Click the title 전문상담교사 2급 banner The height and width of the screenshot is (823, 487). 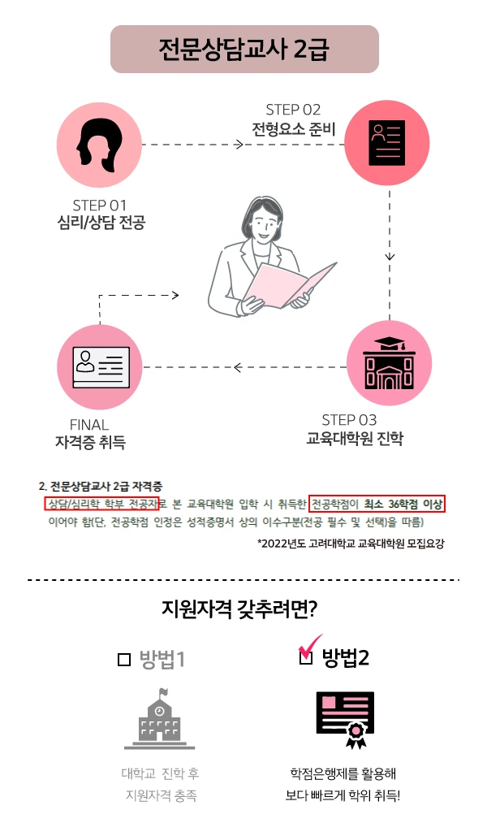pos(244,49)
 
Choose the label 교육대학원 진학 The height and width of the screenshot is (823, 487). pos(355,440)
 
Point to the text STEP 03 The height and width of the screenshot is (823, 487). pos(349,420)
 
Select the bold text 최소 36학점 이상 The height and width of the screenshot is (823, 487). pos(404,505)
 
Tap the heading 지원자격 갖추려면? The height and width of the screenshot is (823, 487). pos(243,609)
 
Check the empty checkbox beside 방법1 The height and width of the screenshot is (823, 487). pos(124,660)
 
